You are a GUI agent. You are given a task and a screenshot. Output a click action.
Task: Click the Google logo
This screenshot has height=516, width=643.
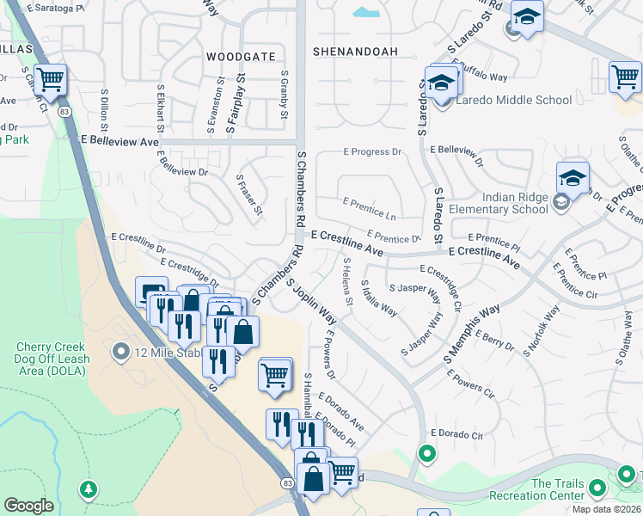(28, 506)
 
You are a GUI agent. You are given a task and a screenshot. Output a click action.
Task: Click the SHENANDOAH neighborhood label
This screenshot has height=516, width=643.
(355, 52)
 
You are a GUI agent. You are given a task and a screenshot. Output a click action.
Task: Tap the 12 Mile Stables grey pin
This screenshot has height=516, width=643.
(121, 351)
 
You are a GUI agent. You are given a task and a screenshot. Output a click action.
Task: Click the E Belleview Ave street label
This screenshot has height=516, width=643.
(119, 140)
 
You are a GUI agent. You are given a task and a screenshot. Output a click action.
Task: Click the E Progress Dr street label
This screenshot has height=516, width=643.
(372, 152)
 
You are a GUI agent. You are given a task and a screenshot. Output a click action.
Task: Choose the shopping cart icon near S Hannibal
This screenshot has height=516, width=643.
(275, 374)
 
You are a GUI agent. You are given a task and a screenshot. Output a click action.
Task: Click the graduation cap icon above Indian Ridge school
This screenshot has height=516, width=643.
(572, 177)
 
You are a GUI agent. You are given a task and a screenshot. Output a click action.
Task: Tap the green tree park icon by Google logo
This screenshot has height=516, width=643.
(88, 489)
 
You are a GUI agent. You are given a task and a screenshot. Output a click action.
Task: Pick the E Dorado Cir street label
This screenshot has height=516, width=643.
(456, 433)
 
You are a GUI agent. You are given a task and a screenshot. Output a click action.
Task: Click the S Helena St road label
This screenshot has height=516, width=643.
(347, 280)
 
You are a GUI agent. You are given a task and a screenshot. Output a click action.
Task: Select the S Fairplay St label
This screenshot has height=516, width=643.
(230, 102)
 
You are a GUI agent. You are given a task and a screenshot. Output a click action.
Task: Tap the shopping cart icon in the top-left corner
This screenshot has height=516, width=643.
(51, 80)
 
